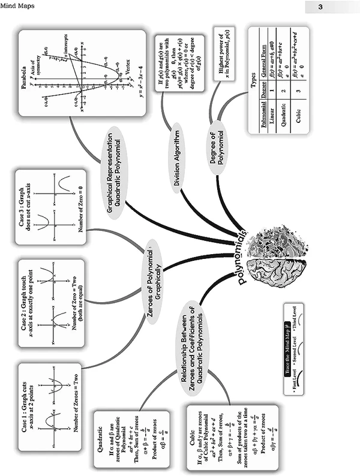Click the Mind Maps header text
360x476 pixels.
click(17, 7)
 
